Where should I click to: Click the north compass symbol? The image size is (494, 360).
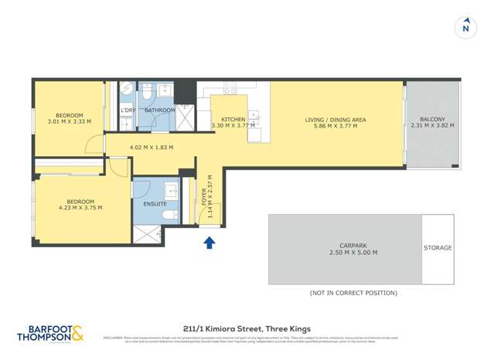[x=465, y=28]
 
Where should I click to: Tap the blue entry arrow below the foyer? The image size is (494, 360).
[x=208, y=243]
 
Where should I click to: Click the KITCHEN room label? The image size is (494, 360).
[x=233, y=119]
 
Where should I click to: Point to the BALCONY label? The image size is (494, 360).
[x=433, y=119]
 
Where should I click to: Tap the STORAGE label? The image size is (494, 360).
[x=438, y=248]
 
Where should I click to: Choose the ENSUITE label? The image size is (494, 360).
[x=155, y=204]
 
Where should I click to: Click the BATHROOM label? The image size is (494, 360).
[x=160, y=110]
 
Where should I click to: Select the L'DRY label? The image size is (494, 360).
[x=128, y=110]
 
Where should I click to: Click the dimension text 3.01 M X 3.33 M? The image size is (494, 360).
[x=70, y=121]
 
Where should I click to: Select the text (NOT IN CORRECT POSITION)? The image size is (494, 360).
[x=353, y=293]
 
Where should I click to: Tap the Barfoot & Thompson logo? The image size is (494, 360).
[x=51, y=332]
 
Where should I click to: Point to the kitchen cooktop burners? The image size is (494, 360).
[x=230, y=90]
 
